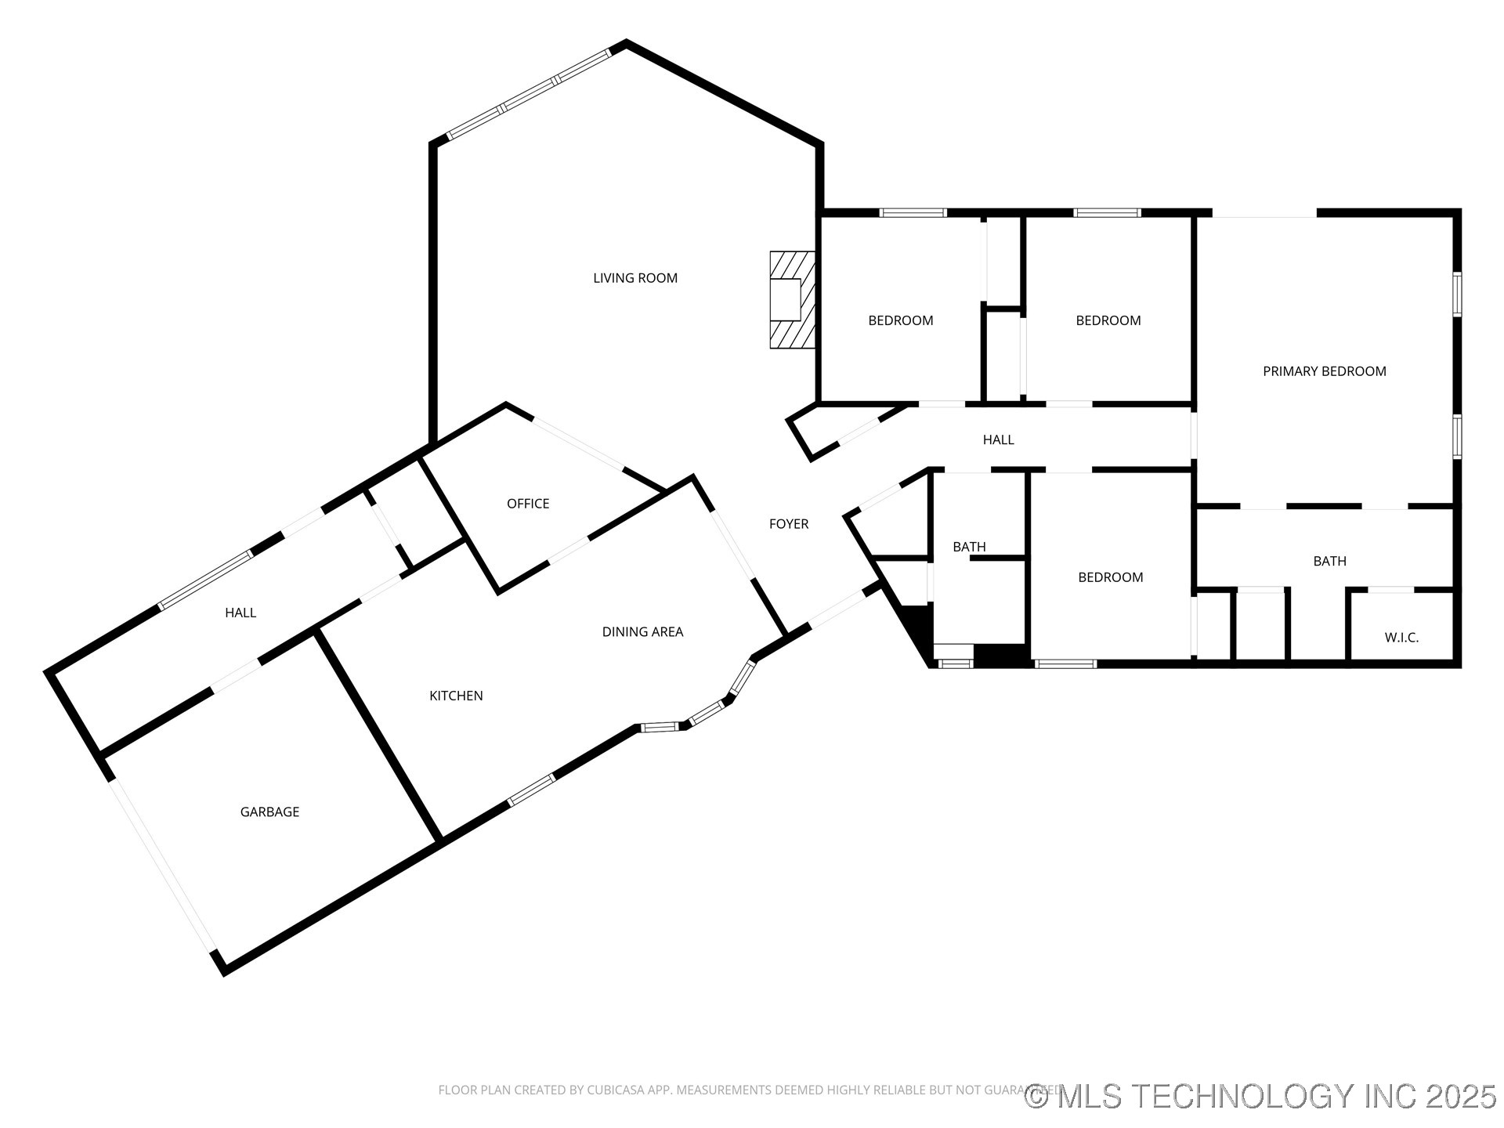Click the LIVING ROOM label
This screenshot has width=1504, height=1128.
click(x=635, y=278)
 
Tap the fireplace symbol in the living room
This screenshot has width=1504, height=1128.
click(x=792, y=299)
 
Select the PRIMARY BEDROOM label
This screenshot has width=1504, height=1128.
click(x=1324, y=371)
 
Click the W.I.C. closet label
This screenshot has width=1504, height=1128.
click(x=1401, y=638)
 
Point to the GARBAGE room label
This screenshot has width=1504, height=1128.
click(x=269, y=812)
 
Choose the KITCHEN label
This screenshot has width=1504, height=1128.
click(x=456, y=696)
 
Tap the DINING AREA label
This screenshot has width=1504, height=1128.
click(x=642, y=632)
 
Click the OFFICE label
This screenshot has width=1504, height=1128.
click(x=528, y=504)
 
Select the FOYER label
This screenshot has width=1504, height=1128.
click(x=788, y=524)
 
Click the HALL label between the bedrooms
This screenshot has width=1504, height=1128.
click(x=998, y=440)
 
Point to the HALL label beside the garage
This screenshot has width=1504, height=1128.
click(x=240, y=613)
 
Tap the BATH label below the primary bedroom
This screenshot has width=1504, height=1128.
click(x=1329, y=561)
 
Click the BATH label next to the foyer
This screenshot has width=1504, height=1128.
click(x=969, y=547)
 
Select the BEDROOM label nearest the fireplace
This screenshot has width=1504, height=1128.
click(x=900, y=320)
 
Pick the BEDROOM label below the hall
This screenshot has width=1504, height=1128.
click(x=1110, y=577)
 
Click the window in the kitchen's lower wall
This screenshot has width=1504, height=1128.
click(x=531, y=790)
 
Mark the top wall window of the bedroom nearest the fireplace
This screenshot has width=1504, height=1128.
click(x=913, y=212)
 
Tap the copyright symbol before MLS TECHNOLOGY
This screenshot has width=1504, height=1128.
click(x=1036, y=1096)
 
